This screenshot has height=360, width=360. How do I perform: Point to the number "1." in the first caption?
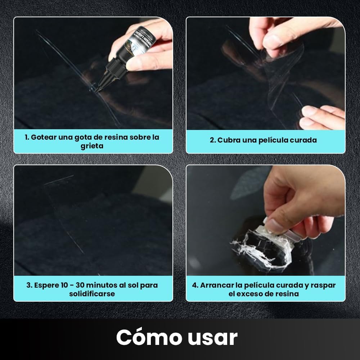(27, 137)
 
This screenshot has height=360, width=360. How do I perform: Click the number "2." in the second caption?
(213, 140)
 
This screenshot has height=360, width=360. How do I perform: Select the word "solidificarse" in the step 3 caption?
(92, 294)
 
